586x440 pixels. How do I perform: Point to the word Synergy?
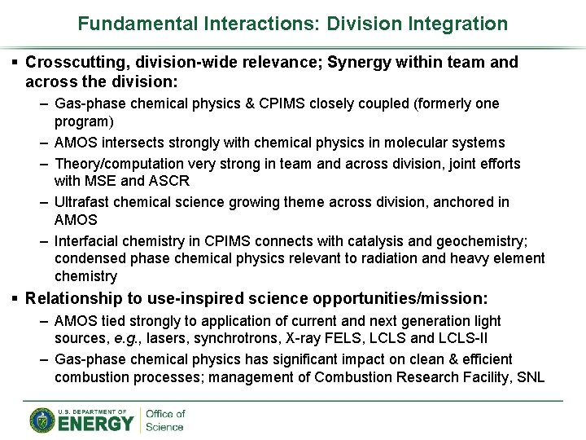359,62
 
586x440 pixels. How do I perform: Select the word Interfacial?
87,240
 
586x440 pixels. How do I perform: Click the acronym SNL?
530,376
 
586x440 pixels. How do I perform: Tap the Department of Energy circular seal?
42,420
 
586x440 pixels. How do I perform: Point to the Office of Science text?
165,420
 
